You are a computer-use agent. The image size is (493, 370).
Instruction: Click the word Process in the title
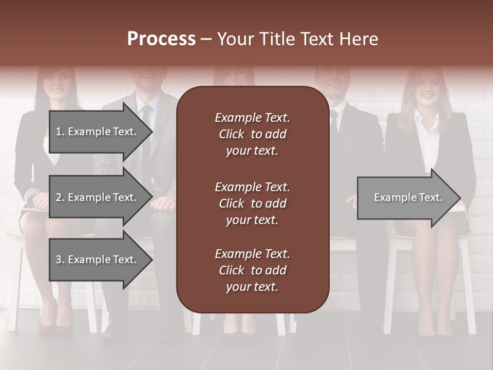[161, 39]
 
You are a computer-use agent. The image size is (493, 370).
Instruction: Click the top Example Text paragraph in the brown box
[252, 134]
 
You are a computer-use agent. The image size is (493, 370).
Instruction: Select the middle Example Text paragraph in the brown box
[252, 203]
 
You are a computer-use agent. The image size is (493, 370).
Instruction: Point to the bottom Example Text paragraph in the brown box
[252, 270]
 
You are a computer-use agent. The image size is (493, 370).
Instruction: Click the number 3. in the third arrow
[60, 260]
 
